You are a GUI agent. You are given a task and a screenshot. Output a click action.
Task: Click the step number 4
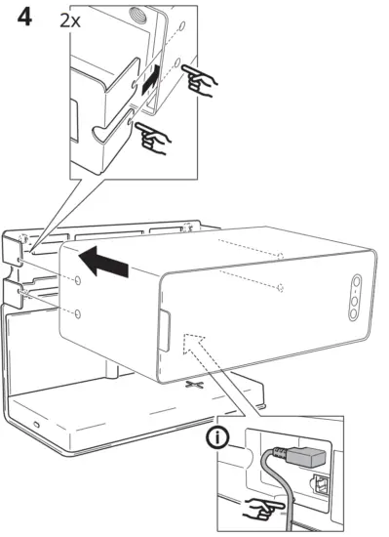[20, 19]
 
